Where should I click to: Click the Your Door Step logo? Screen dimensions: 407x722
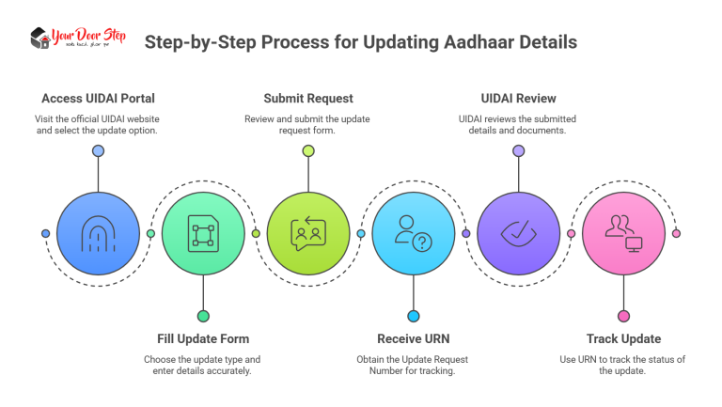pos(79,39)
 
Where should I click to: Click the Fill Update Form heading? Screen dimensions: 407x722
pos(202,338)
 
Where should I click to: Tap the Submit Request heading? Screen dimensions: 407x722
pos(307,98)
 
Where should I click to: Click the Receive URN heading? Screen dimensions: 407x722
pos(413,338)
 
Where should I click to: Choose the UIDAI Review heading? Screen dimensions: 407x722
pos(518,98)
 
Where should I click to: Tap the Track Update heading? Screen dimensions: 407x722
pos(623,338)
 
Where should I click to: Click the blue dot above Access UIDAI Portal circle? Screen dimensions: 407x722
pos(98,151)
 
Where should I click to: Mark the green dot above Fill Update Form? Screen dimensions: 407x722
pos(203,316)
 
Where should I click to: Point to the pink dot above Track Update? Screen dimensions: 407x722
pos(624,316)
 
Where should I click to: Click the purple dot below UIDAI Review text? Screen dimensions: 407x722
pos(519,151)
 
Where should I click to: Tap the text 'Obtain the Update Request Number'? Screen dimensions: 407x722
pos(413,359)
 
